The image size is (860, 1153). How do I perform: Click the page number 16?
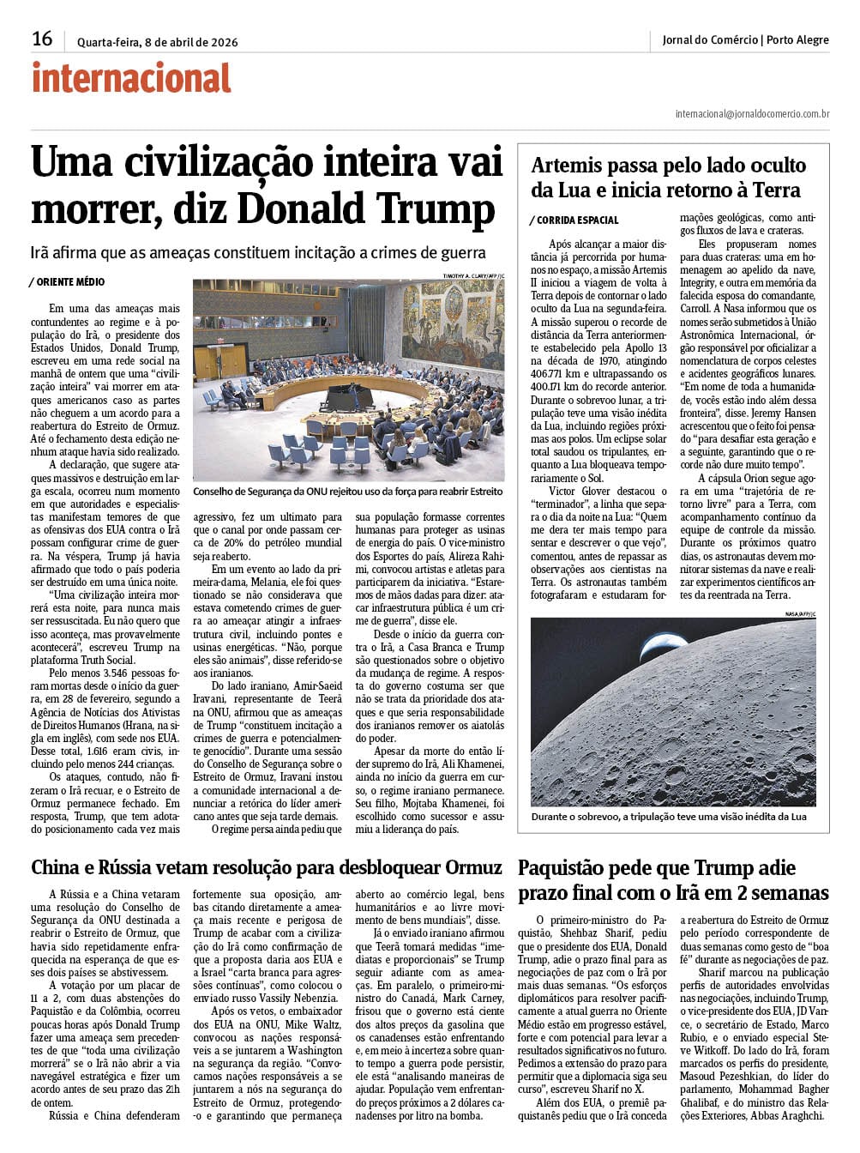click(42, 39)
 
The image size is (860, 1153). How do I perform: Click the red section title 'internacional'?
click(131, 78)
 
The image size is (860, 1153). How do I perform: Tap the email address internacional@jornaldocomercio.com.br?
click(752, 113)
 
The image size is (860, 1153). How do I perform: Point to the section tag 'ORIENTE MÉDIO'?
click(69, 281)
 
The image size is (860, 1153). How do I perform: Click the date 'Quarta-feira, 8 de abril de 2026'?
click(158, 42)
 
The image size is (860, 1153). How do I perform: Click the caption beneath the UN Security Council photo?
click(347, 492)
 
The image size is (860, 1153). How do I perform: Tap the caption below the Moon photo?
click(668, 817)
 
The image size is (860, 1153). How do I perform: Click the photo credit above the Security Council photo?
click(472, 275)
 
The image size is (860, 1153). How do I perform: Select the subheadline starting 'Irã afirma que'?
click(258, 252)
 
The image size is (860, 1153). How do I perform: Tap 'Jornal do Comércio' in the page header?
click(710, 40)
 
